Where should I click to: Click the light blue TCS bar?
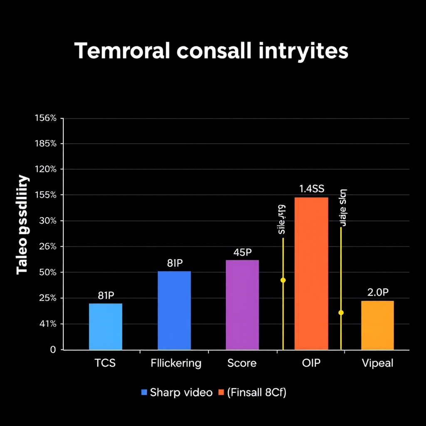(x=106, y=327)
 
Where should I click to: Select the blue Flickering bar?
(x=174, y=310)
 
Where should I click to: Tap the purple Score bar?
(x=242, y=305)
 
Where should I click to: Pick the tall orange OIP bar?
(x=311, y=273)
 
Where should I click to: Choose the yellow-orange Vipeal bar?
(x=377, y=325)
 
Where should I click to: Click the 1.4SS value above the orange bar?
(x=311, y=189)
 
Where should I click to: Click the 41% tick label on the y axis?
(x=47, y=324)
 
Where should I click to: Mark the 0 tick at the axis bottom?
(x=53, y=350)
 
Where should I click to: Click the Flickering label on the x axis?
(x=176, y=363)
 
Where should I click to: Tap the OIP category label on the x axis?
(x=311, y=363)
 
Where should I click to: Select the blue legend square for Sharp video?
(x=144, y=392)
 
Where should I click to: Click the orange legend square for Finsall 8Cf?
(x=221, y=392)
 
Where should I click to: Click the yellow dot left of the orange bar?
(x=283, y=280)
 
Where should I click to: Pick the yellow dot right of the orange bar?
(x=341, y=312)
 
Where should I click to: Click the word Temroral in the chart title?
(x=122, y=52)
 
